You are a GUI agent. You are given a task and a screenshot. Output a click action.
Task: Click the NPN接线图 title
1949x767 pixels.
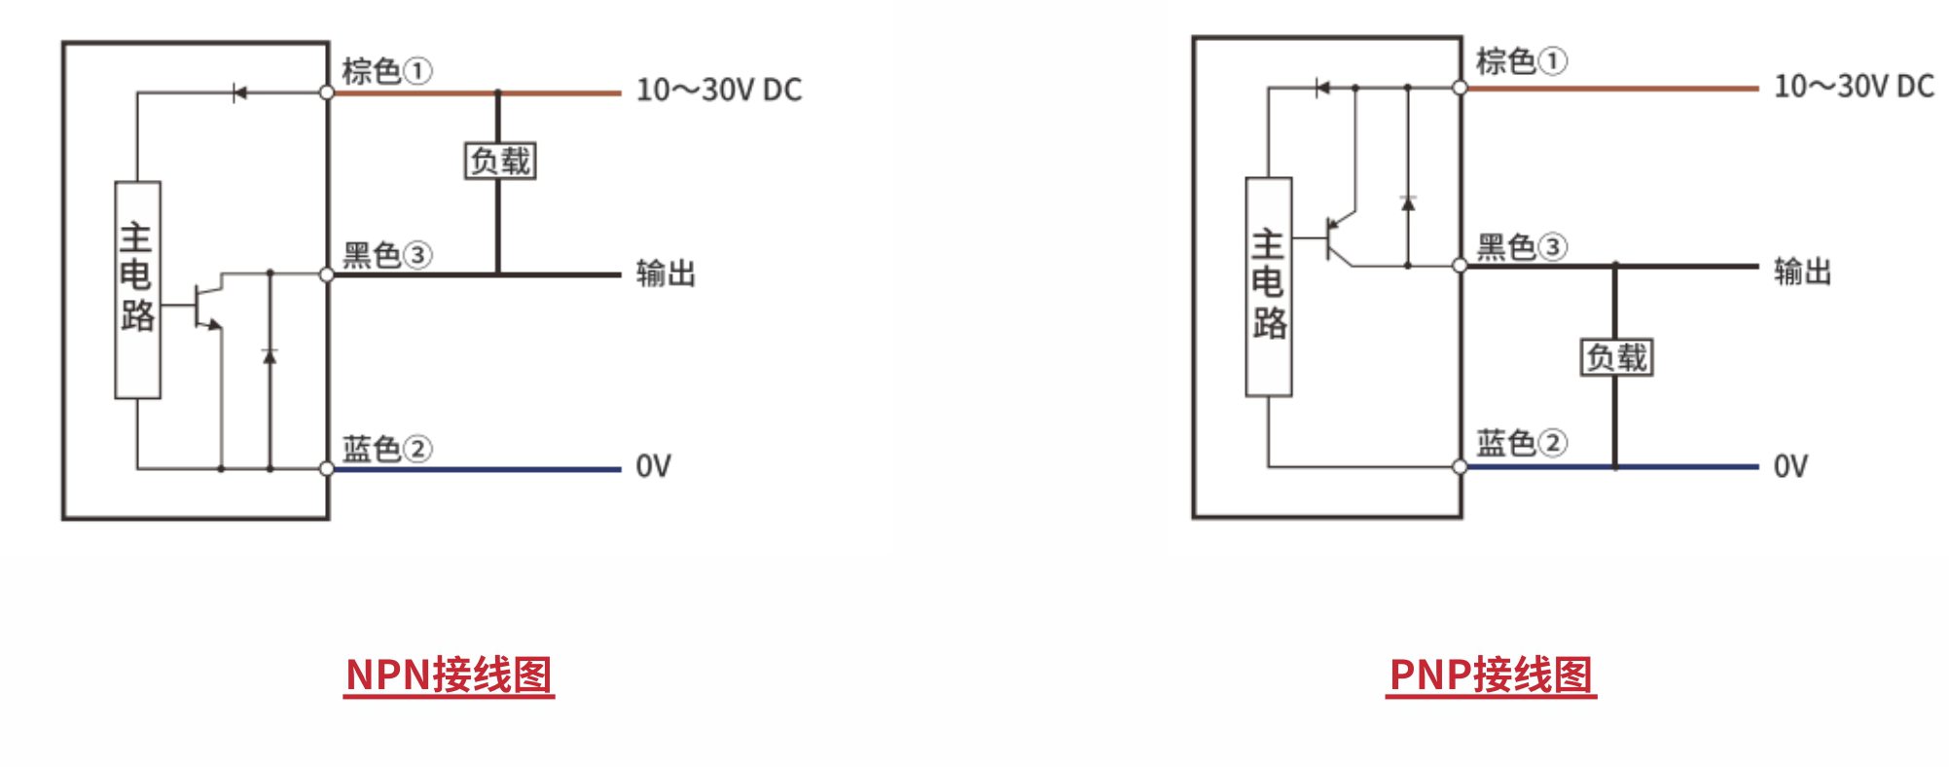pyautogui.click(x=449, y=675)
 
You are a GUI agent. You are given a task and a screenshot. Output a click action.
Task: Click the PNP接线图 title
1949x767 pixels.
pyautogui.click(x=1491, y=675)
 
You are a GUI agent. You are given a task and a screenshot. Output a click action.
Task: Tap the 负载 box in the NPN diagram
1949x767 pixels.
pyautogui.click(x=500, y=161)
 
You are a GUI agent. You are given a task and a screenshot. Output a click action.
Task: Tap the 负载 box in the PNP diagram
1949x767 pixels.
pyautogui.click(x=1616, y=357)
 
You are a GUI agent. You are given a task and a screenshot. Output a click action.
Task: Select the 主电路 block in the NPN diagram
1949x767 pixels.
pyautogui.click(x=137, y=289)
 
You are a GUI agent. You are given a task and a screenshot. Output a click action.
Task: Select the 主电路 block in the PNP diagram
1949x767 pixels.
pyautogui.click(x=1269, y=286)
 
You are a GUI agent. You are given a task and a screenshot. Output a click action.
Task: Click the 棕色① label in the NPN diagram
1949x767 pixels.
pyautogui.click(x=386, y=70)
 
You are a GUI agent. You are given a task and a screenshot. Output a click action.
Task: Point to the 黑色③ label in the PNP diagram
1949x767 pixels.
pyautogui.click(x=1521, y=247)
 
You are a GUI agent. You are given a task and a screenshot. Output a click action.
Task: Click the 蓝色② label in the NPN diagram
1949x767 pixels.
pyautogui.click(x=386, y=449)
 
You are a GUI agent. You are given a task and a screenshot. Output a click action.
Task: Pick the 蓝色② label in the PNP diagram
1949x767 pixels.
pyautogui.click(x=1521, y=443)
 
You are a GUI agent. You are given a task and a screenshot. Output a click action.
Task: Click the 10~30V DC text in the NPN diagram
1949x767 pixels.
pyautogui.click(x=719, y=91)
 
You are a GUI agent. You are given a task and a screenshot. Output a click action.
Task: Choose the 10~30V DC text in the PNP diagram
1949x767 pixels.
pyautogui.click(x=1854, y=87)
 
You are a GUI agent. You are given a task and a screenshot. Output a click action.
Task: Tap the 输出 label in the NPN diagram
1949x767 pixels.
pyautogui.click(x=666, y=274)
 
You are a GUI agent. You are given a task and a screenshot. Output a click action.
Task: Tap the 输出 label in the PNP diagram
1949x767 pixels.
pyautogui.click(x=1802, y=272)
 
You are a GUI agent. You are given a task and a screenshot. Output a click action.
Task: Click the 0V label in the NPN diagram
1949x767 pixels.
pyautogui.click(x=653, y=466)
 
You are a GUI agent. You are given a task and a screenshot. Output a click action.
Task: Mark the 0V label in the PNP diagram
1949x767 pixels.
pyautogui.click(x=1789, y=466)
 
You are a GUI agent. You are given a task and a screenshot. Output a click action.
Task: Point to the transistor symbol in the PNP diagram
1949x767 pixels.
pyautogui.click(x=1338, y=238)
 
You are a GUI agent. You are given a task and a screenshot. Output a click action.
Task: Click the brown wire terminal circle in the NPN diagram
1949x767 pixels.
pyautogui.click(x=327, y=92)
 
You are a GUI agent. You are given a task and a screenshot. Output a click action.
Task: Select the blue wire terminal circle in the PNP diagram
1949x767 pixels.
pyautogui.click(x=1460, y=467)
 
